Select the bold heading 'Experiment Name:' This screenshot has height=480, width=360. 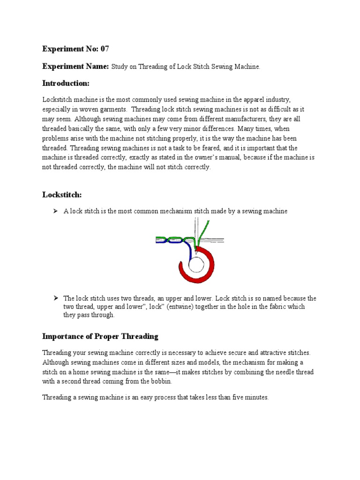(75, 66)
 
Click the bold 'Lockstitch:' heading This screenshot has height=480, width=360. (62, 194)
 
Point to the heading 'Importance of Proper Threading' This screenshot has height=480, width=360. (100, 336)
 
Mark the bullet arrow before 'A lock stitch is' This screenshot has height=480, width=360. (55, 211)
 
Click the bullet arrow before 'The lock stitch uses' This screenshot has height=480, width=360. (55, 298)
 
